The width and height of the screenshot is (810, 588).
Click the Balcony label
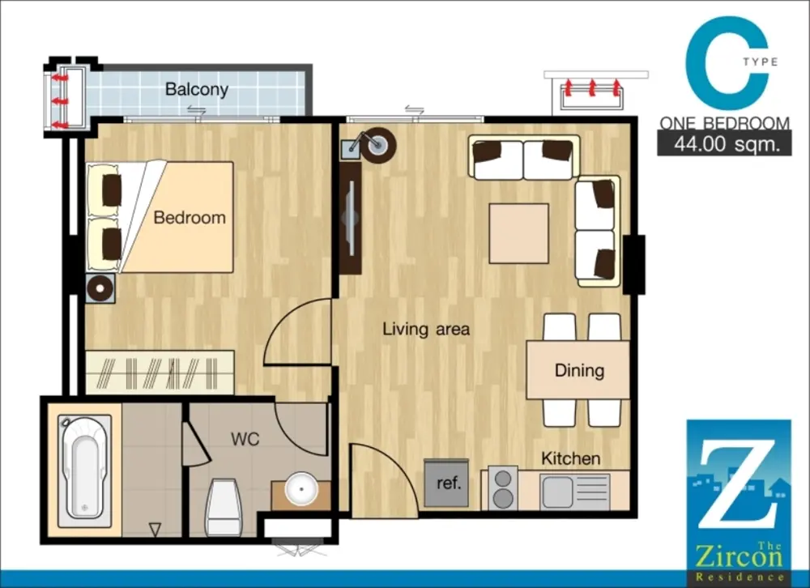[x=196, y=89]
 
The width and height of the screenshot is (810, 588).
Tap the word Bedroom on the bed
[x=190, y=218]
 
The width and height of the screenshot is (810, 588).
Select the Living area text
[x=426, y=329]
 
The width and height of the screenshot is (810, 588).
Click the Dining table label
[x=579, y=370]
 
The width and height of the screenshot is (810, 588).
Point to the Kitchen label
[x=571, y=458]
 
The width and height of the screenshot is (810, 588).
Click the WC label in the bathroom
[x=245, y=439]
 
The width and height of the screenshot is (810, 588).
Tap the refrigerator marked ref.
[x=447, y=483]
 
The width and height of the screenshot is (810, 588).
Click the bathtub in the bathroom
[x=84, y=471]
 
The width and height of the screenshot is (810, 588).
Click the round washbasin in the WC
[x=301, y=489]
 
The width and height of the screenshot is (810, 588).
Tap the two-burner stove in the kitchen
[x=503, y=488]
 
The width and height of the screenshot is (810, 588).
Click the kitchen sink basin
[x=557, y=492]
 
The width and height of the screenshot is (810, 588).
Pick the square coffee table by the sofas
[x=518, y=233]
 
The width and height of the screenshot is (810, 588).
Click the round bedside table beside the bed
[x=100, y=288]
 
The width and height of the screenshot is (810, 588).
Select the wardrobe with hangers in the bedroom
[x=160, y=373]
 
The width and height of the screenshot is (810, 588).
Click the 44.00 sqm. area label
[x=727, y=144]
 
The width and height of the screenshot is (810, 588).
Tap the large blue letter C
[x=727, y=62]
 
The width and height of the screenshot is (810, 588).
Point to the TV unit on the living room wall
[x=350, y=218]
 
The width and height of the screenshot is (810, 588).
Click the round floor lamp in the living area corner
[x=378, y=145]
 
